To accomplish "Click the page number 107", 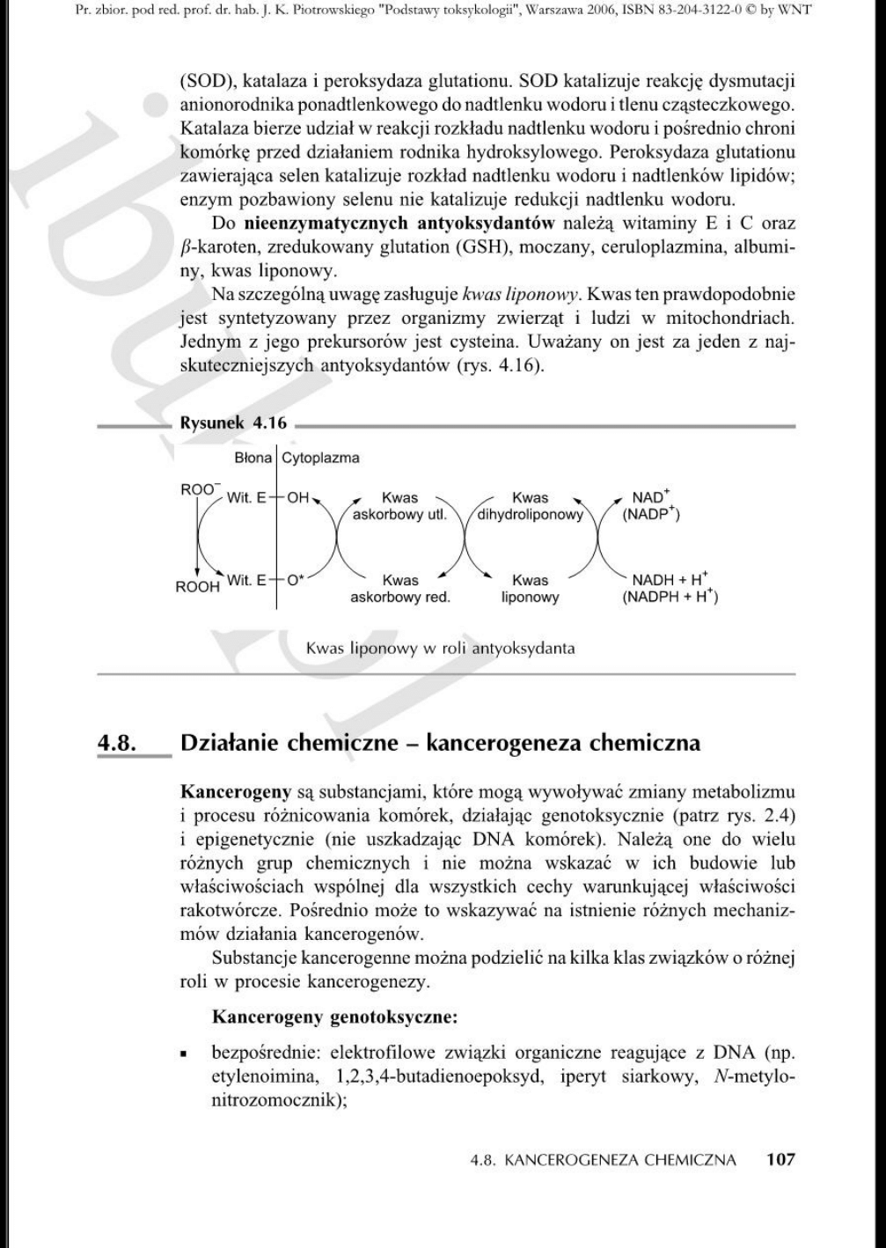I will (780, 1159).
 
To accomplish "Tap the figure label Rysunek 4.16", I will (232, 422).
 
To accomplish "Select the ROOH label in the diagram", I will (198, 587).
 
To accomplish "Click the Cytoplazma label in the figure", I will (320, 458).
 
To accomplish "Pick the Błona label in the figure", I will (253, 458).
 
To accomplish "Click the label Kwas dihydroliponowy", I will (530, 506).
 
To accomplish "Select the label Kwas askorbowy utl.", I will (399, 506).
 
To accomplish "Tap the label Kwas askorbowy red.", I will (400, 588).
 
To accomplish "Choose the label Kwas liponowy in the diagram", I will (530, 588).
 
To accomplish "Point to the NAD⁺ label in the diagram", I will (652, 497).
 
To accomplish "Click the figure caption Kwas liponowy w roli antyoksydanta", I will (440, 649).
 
